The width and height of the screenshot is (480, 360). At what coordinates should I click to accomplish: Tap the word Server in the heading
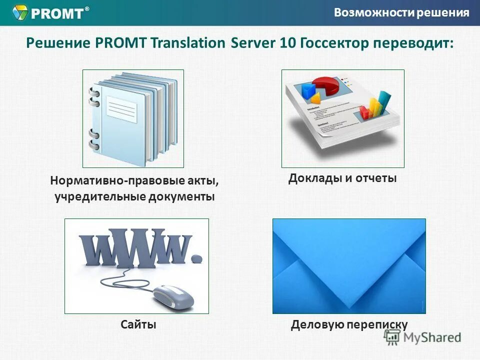click(253, 42)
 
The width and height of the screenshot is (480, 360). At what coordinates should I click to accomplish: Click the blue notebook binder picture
click(133, 118)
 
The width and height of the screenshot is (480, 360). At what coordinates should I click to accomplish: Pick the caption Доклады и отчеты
click(342, 178)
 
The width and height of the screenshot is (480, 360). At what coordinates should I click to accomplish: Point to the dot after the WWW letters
click(197, 258)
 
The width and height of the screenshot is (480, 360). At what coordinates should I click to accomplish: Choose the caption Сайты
click(138, 324)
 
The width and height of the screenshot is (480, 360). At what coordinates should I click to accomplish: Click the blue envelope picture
click(348, 266)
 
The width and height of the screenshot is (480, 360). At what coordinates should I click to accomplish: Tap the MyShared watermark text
click(432, 337)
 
